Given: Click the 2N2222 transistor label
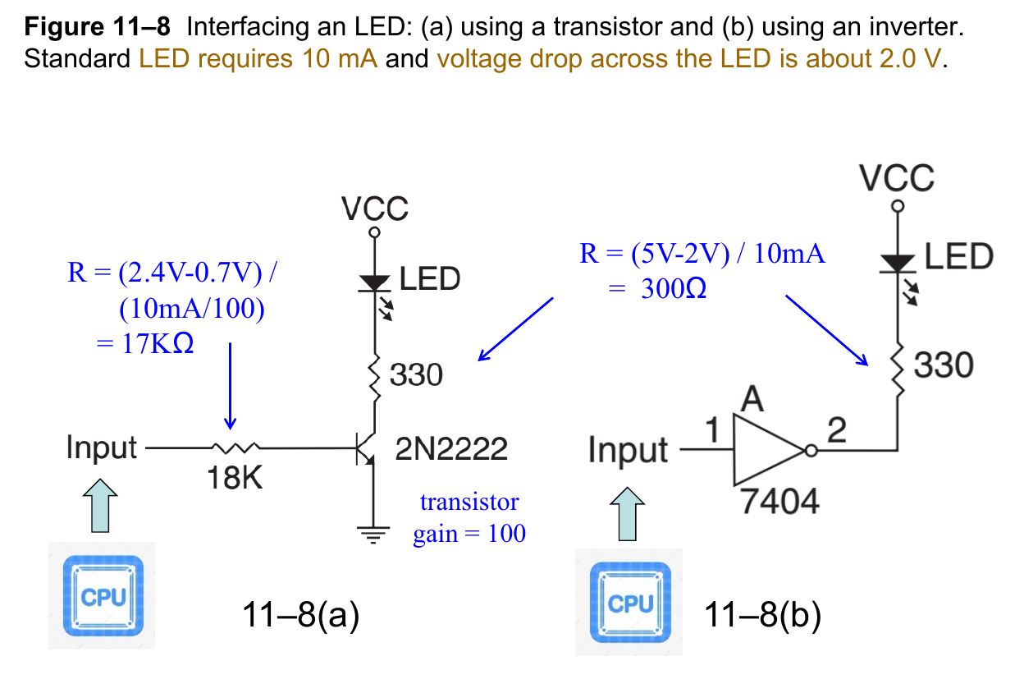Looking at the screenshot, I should (450, 449).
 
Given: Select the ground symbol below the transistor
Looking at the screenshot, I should (375, 536).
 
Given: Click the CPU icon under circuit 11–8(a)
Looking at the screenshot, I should (102, 595).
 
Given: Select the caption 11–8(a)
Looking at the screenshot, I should (301, 613).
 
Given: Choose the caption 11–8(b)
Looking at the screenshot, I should (762, 613).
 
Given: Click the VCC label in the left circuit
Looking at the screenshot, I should (375, 209).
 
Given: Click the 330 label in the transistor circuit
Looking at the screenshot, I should (416, 375).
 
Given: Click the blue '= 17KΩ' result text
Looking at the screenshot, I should (145, 343).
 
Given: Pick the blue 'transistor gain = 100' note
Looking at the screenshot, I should (469, 517).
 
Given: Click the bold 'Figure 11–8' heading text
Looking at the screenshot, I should (98, 28).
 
